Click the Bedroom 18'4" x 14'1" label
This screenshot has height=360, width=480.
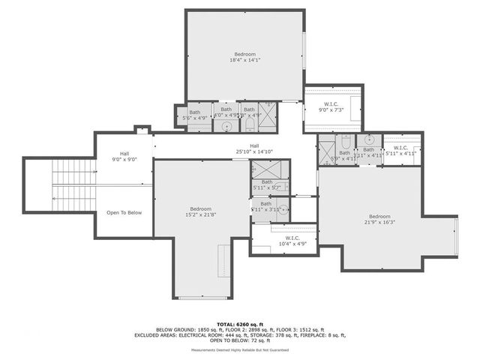click(x=244, y=57)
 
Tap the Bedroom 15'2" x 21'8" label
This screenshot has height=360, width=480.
click(x=200, y=212)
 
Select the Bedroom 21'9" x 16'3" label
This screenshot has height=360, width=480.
click(x=379, y=220)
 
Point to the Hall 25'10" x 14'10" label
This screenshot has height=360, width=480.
click(x=253, y=148)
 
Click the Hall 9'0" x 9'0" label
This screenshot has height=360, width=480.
click(x=124, y=156)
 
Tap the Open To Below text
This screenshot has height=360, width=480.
click(x=124, y=212)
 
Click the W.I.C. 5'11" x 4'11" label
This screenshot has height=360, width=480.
click(x=400, y=151)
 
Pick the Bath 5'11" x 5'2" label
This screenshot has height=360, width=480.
click(x=267, y=184)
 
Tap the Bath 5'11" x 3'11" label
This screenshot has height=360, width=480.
click(x=266, y=206)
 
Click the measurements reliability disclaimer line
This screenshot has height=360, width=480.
click(x=240, y=350)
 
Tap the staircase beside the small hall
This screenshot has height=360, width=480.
click(x=73, y=185)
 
